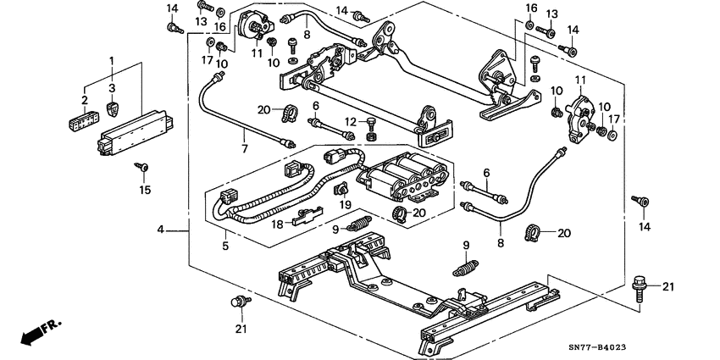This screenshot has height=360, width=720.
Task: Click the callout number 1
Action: (x=112, y=60)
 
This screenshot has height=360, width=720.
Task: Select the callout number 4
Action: (x=160, y=229)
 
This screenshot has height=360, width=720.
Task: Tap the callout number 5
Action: (x=224, y=246)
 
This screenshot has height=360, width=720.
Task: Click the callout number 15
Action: (x=145, y=191)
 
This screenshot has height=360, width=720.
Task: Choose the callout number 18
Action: (x=277, y=224)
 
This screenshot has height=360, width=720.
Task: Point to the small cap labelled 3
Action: (x=113, y=108)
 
